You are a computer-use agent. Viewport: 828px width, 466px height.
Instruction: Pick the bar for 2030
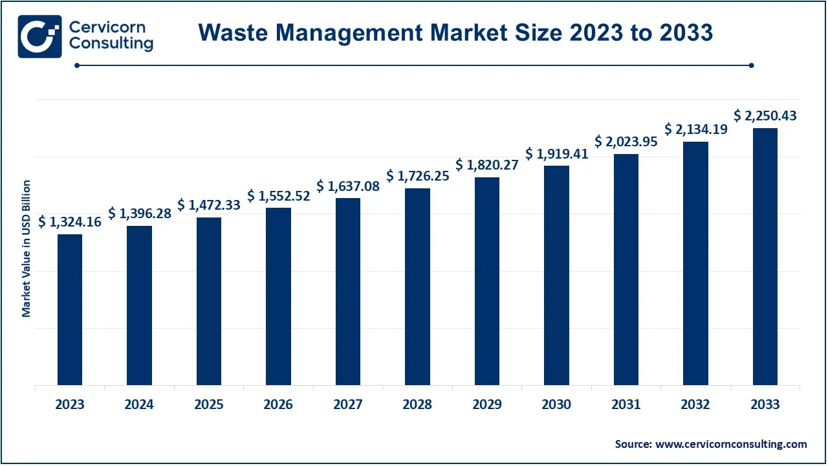(x=556, y=275)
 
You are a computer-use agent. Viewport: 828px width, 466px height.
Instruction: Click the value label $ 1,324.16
(x=70, y=222)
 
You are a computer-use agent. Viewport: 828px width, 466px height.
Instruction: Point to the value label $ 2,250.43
(x=765, y=116)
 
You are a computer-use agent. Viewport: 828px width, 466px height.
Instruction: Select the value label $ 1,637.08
(x=348, y=186)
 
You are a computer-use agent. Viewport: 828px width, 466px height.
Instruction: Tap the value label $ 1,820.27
(x=487, y=165)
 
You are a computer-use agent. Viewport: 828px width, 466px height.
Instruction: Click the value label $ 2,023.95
(x=626, y=142)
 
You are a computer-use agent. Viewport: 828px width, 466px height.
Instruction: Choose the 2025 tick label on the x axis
(x=209, y=405)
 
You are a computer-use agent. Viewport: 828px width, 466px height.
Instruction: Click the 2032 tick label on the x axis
(x=695, y=405)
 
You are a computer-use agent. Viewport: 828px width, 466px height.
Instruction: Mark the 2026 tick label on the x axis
(x=278, y=405)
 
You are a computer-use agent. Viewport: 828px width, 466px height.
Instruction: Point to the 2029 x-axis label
(x=487, y=405)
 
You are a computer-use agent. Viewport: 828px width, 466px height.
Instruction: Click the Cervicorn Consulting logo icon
(x=39, y=36)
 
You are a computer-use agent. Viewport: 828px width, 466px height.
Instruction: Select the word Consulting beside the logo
(x=111, y=44)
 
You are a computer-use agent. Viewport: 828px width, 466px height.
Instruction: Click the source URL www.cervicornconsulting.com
(x=731, y=444)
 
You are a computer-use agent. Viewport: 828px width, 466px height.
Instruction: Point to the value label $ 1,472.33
(x=209, y=205)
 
